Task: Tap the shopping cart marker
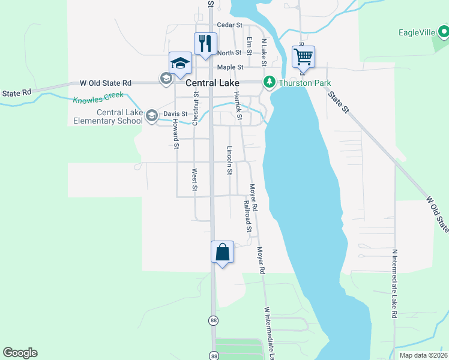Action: tap(304, 58)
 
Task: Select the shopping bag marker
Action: tap(222, 252)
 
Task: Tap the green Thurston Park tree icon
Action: tap(270, 82)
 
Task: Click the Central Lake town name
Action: tap(212, 83)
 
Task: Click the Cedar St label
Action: tap(230, 25)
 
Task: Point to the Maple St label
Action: tap(230, 67)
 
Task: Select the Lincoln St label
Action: tap(229, 160)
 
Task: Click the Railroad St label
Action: tap(247, 216)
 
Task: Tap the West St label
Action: tap(194, 180)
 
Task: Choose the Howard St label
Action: tap(175, 133)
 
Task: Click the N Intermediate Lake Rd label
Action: tap(394, 283)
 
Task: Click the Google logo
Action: tap(20, 353)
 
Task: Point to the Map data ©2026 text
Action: tap(423, 355)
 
